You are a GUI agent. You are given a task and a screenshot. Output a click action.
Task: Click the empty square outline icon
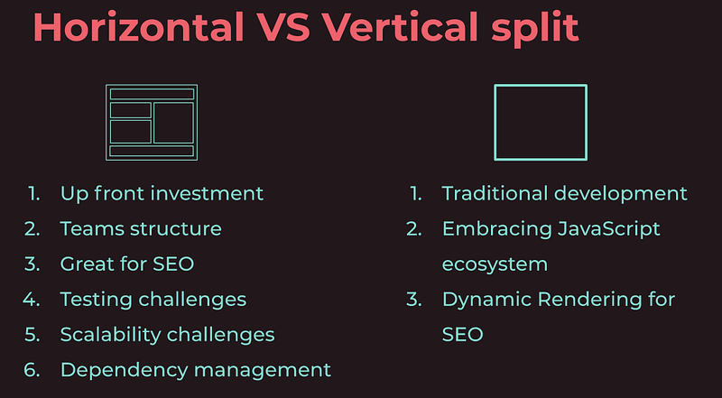point(540,122)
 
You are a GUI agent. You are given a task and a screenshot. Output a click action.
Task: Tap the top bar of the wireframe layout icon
point(152,94)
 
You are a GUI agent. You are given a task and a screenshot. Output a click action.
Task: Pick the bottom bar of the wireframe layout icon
point(152,150)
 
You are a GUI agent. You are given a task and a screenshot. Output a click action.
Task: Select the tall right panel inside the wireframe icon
point(173,122)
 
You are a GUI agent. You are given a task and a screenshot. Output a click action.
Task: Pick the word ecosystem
point(495,264)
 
